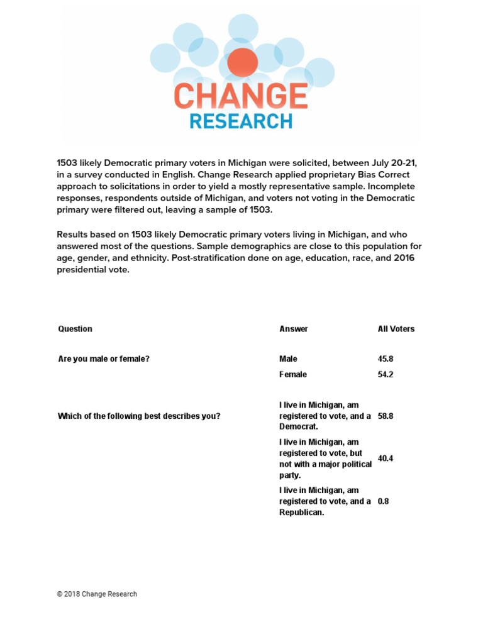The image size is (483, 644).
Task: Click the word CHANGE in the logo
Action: [x=240, y=96]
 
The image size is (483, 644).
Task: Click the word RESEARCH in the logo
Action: [x=241, y=121]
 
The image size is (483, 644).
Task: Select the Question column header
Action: [x=75, y=329]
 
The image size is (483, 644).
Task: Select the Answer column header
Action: [x=294, y=329]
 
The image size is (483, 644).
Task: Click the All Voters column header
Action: [x=396, y=329]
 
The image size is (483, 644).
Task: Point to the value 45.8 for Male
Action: [x=386, y=359]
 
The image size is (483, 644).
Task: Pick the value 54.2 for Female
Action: [x=386, y=375]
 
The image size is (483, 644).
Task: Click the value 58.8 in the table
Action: [x=386, y=416]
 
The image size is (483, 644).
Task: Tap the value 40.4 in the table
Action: [x=386, y=458]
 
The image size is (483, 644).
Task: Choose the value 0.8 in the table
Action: [x=383, y=501]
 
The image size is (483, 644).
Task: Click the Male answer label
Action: [x=289, y=359]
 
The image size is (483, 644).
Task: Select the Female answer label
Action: [x=293, y=375]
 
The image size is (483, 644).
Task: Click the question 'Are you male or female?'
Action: [x=104, y=359]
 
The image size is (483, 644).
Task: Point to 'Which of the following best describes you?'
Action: [x=139, y=416]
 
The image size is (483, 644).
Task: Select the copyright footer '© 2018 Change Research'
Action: [x=97, y=594]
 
